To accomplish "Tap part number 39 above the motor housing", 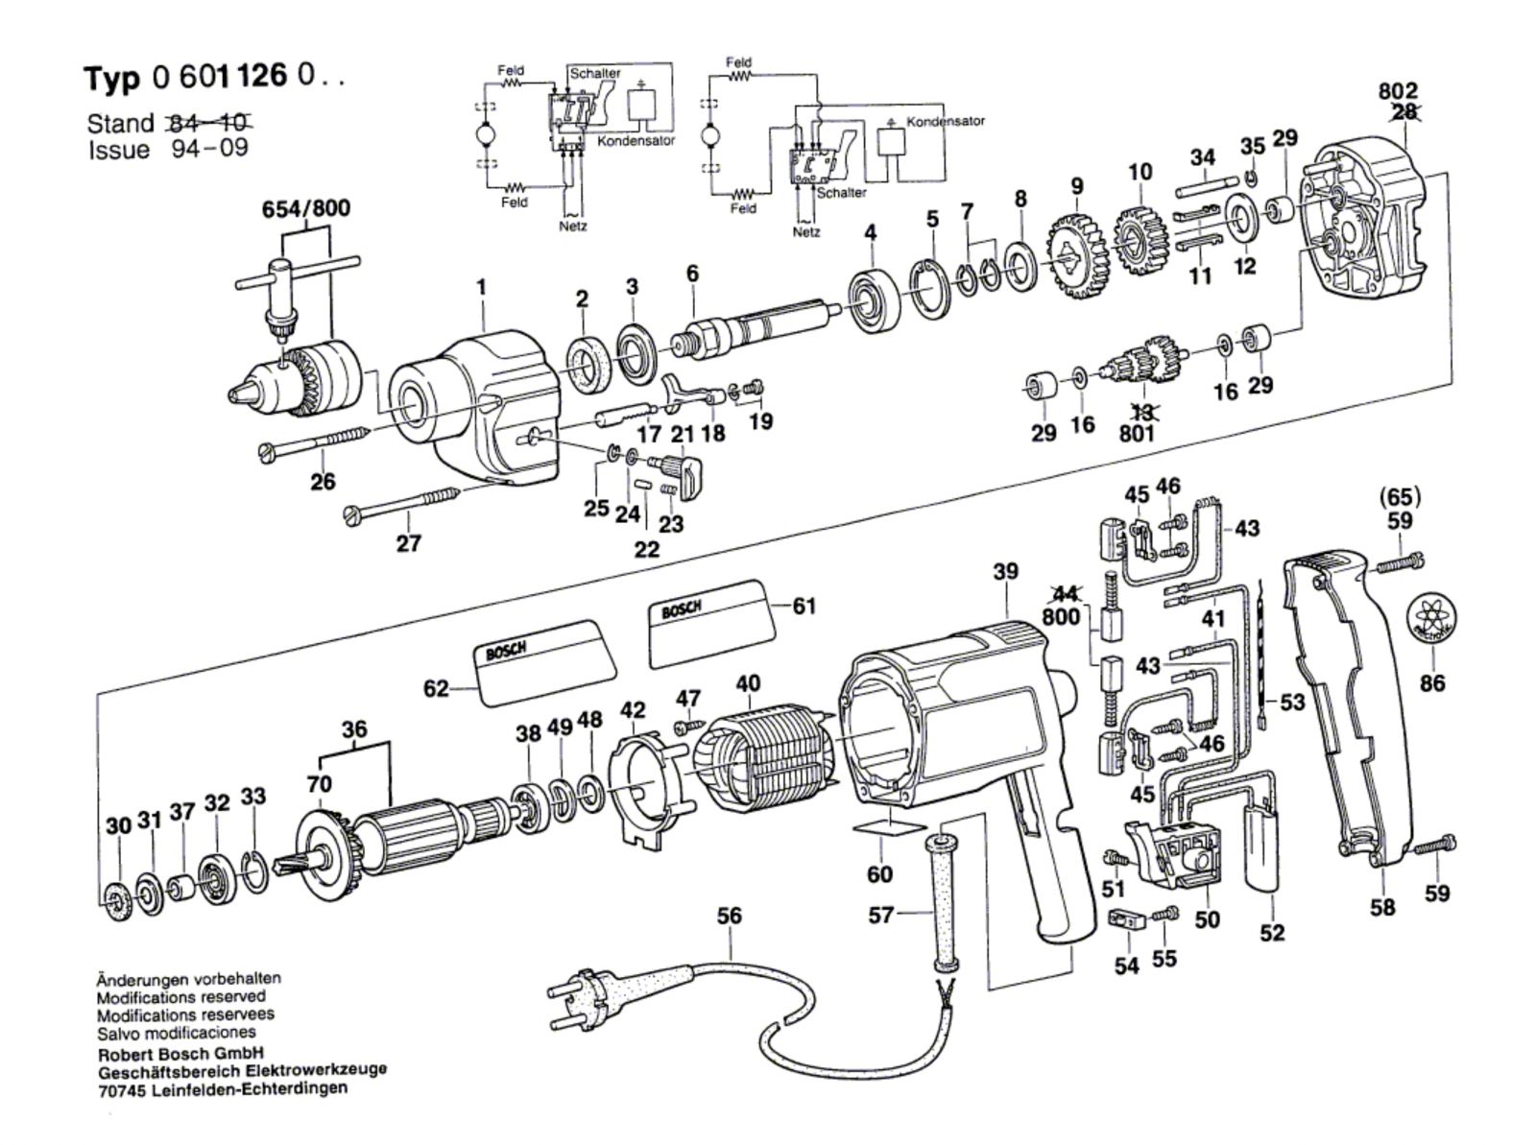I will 1005,572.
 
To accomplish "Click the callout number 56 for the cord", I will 730,916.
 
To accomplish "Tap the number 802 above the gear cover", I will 1398,90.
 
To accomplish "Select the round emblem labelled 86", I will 1431,620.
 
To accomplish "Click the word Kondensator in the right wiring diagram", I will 946,122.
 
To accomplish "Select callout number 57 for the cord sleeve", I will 881,916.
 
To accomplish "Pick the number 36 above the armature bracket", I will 354,729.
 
